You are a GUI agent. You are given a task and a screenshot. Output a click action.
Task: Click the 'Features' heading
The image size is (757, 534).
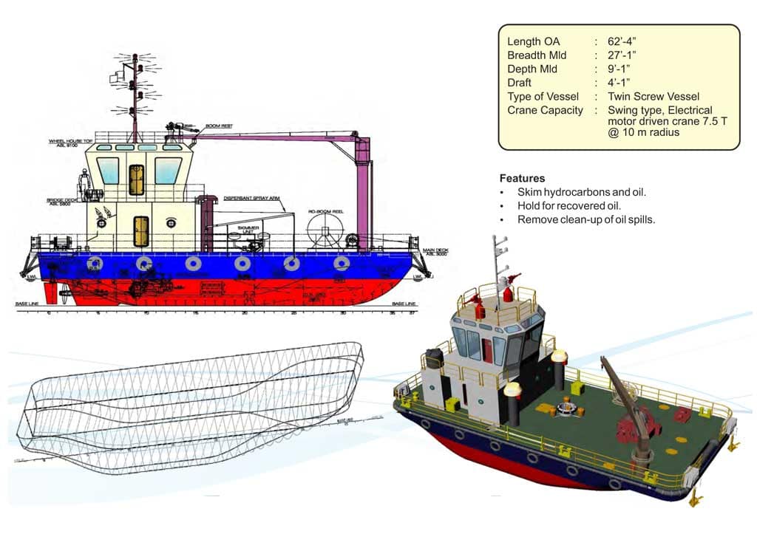[x=522, y=178]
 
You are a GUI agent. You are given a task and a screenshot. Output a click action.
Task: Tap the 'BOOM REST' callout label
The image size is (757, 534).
[x=219, y=127]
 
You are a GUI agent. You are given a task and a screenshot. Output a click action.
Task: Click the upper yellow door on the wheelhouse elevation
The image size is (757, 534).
[x=136, y=179]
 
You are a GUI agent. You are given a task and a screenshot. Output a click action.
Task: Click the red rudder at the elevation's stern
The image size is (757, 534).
[x=50, y=293]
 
